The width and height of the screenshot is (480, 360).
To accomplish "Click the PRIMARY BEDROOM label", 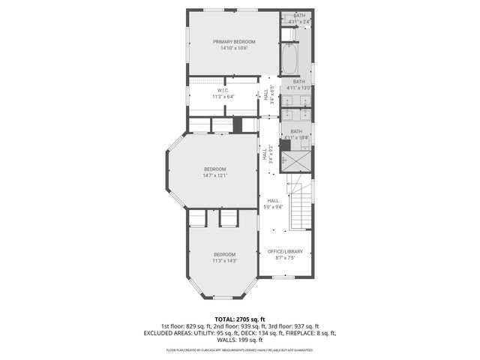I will pos(234,41).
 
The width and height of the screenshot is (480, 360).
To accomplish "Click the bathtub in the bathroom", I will pos(289,56).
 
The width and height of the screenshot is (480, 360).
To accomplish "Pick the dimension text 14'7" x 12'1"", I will pos(214,176).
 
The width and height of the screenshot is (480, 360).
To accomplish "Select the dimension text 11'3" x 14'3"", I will pos(224,261).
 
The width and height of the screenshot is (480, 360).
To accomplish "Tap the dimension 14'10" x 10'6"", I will pos(234,48).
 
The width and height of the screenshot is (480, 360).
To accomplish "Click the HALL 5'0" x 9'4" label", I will pos(273,204).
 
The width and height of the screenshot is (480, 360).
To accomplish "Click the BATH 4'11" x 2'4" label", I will pos(299,19).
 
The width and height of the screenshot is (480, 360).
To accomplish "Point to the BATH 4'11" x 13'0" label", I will pos(298,85).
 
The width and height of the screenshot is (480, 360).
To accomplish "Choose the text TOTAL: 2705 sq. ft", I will pos(240,319).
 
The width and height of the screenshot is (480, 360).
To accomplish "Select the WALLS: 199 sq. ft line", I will pos(240,340).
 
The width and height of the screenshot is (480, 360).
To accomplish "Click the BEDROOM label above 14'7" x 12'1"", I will pos(214,169).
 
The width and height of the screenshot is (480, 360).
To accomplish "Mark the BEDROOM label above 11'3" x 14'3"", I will pos(224,254).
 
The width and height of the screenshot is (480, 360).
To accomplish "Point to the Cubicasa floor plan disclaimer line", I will pos(240,349).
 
